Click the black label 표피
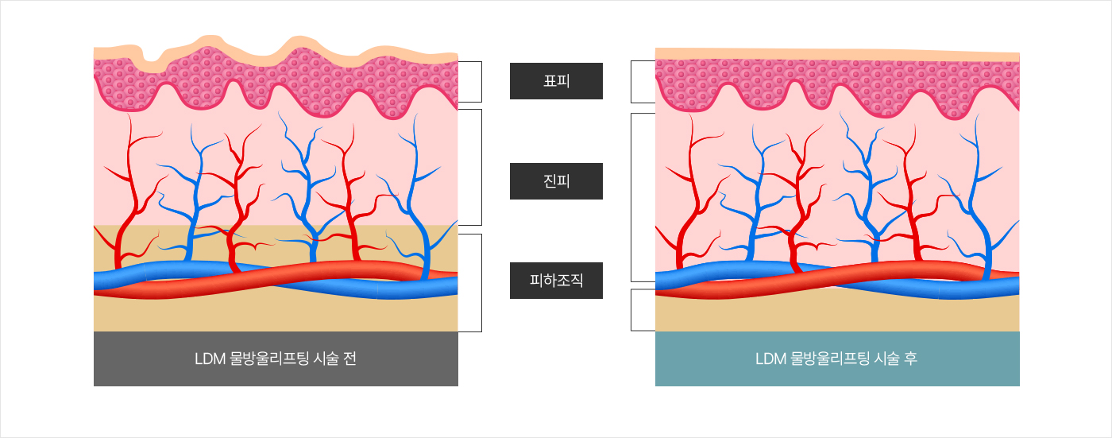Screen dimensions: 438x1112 (x=556, y=81)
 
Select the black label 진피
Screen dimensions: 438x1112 (x=556, y=181)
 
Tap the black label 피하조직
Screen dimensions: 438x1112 (x=556, y=281)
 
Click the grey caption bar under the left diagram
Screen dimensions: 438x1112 (x=276, y=373)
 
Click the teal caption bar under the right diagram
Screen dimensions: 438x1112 (x=837, y=373)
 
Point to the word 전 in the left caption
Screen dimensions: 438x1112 (x=350, y=359)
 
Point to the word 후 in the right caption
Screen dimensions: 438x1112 (x=911, y=359)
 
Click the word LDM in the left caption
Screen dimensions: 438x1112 (x=210, y=359)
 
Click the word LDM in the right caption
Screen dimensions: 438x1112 (x=771, y=359)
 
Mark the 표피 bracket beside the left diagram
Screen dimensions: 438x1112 (x=481, y=82)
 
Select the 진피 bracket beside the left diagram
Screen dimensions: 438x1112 (x=481, y=167)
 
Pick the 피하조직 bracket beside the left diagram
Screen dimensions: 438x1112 (x=481, y=282)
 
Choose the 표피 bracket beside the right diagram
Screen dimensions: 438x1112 (x=632, y=82)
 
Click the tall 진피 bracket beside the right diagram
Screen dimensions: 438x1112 (x=632, y=197)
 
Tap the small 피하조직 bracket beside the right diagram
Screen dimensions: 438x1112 (x=632, y=309)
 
